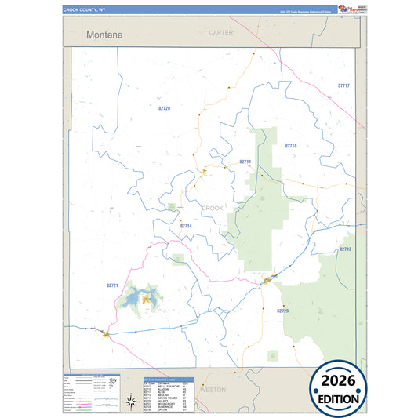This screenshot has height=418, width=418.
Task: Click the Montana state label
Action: point(104,35)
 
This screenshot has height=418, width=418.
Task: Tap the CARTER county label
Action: point(222,32)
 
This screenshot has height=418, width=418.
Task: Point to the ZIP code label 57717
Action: point(343,85)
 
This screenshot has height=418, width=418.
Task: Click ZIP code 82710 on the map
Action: point(291,146)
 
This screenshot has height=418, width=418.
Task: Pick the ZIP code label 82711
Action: point(245,162)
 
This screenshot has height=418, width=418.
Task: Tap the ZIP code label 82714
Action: point(186,226)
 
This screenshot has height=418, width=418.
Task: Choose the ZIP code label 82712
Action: point(346,249)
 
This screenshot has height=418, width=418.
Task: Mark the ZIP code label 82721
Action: point(111,285)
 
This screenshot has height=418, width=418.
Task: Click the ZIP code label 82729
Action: point(283,311)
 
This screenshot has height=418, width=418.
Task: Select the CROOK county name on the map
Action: point(213,208)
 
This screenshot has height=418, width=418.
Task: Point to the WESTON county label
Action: point(213,389)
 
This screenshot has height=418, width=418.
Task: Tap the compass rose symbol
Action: point(130,402)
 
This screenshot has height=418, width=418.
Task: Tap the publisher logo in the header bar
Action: point(347,9)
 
